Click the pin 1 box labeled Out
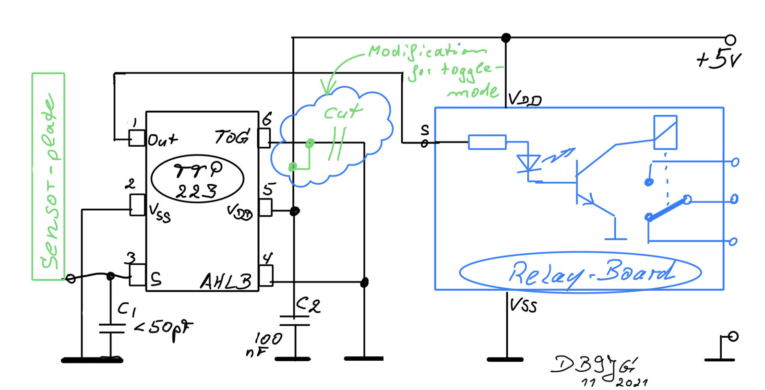(137, 138)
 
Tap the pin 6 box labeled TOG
(264, 138)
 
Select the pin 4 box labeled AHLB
(266, 276)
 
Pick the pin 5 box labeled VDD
(265, 207)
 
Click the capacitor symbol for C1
(111, 328)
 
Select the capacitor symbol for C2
(294, 320)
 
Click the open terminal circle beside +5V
(730, 40)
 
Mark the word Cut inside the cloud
(342, 113)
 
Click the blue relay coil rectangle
(665, 132)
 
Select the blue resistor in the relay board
(487, 142)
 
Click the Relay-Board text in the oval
(591, 274)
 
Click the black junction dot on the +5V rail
(506, 37)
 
